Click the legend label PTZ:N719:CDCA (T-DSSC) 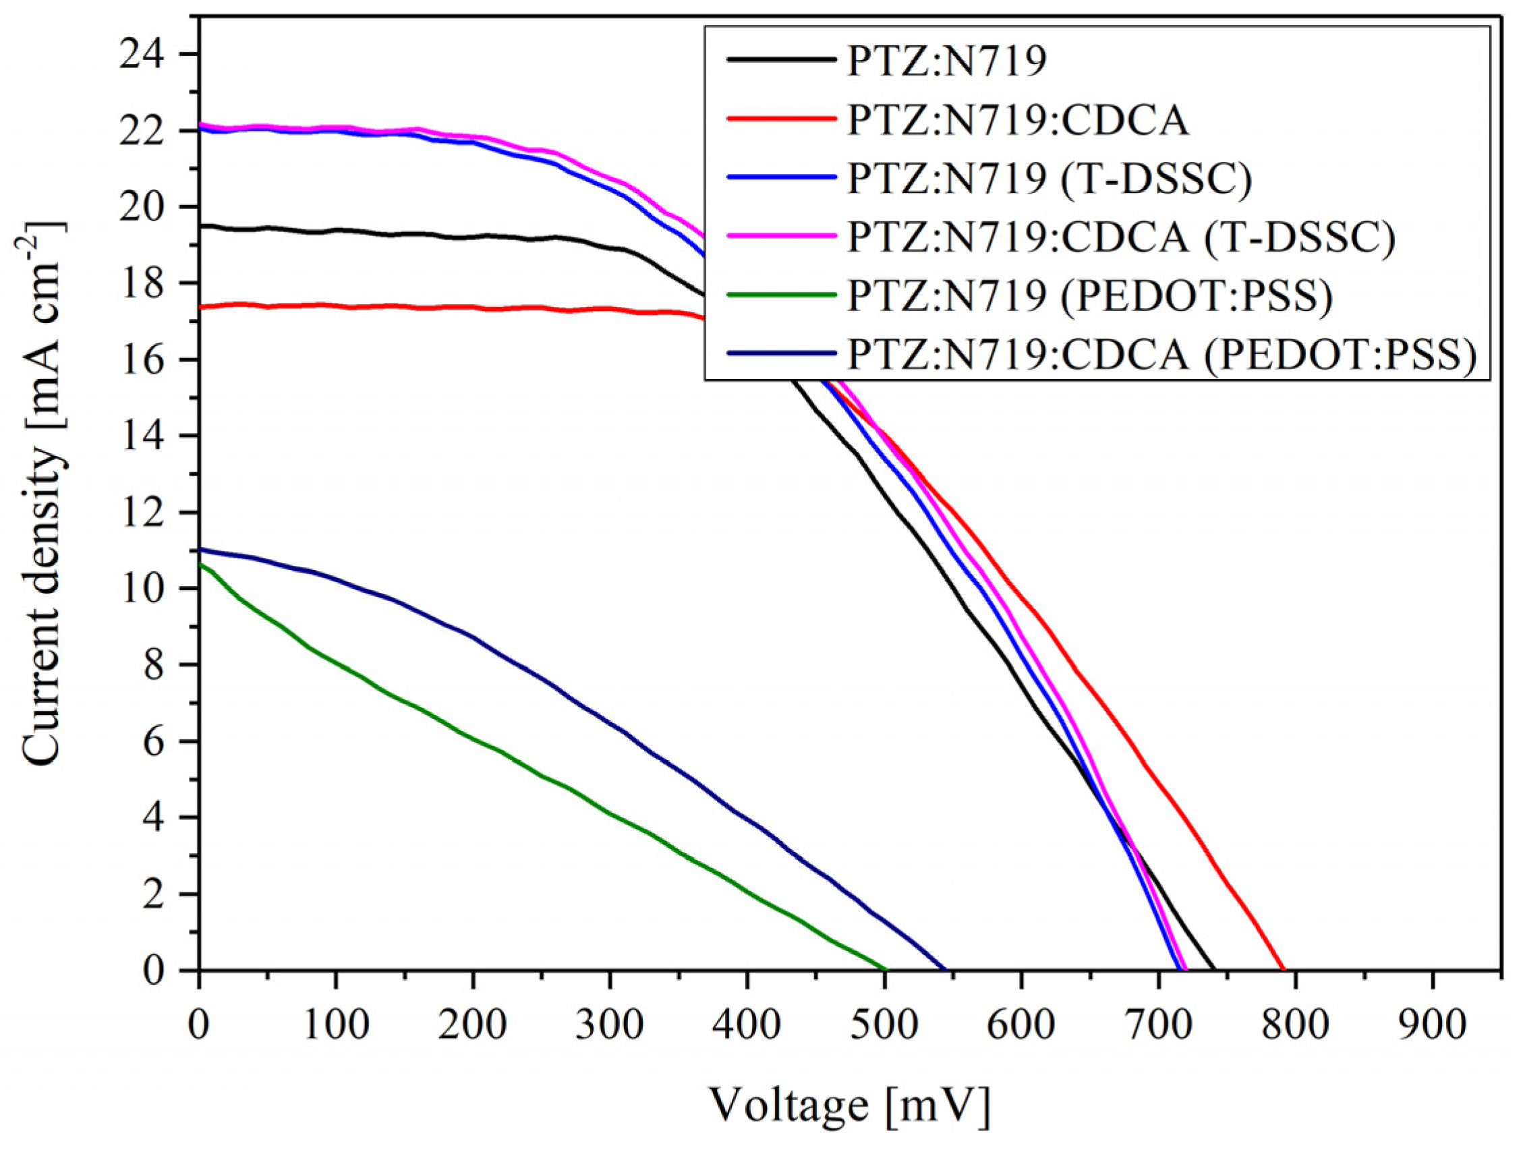1120,237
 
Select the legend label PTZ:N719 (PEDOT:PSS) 1090,296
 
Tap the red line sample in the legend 781,119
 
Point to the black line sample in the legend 781,60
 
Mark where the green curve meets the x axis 886,970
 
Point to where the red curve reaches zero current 1284,970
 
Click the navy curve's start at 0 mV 200,550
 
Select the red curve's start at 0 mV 200,307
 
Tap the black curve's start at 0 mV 200,226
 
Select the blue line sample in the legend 781,177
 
